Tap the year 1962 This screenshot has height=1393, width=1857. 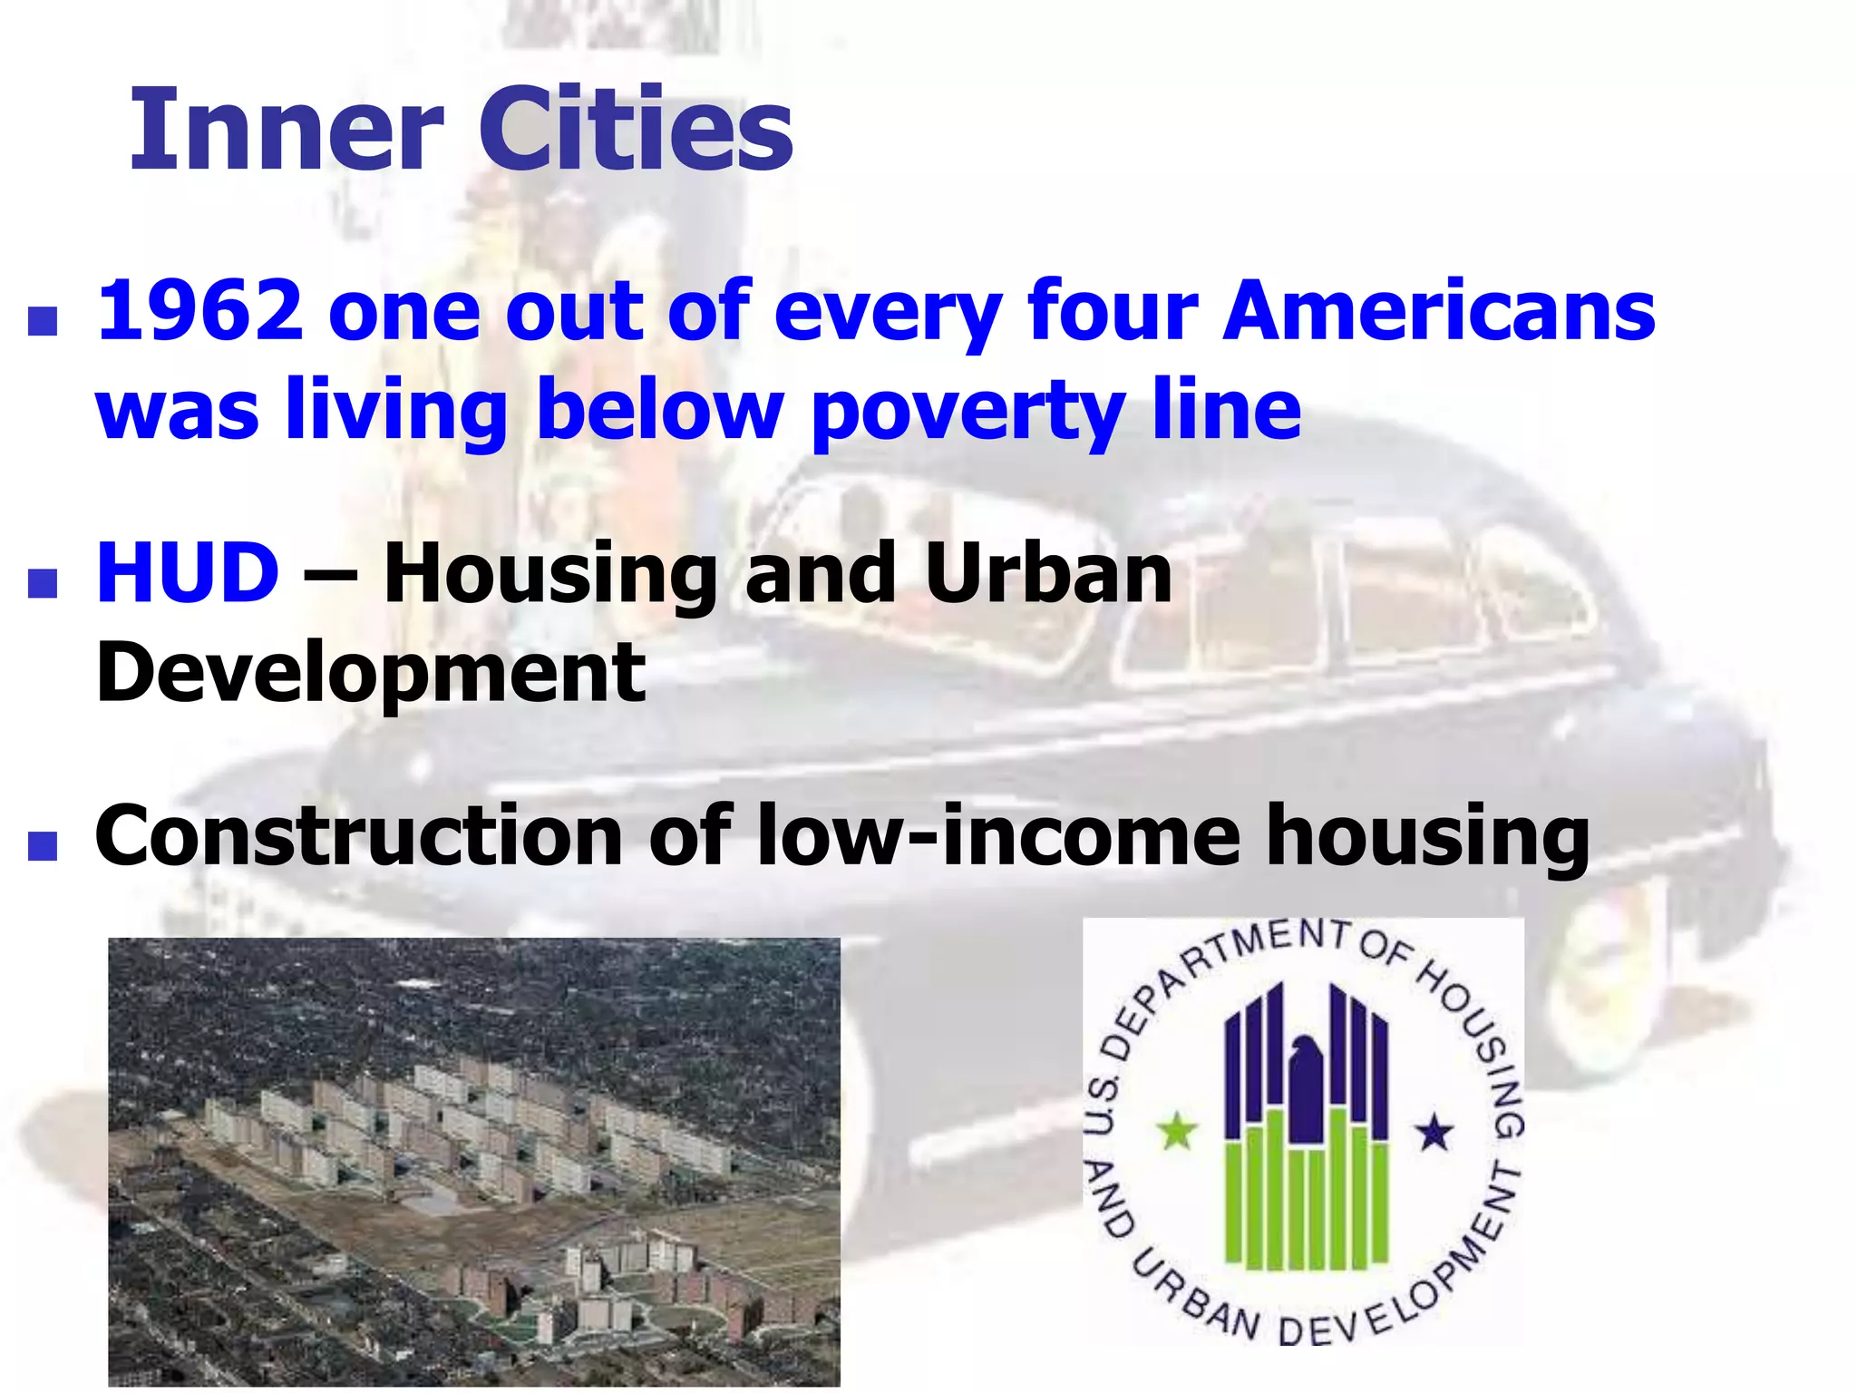click(x=199, y=310)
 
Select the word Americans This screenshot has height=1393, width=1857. click(x=1439, y=310)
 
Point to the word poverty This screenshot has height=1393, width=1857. click(x=967, y=410)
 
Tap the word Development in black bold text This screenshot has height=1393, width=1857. click(x=370, y=672)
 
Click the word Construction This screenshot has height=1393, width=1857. click(x=358, y=835)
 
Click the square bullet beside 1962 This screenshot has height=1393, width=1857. click(x=43, y=321)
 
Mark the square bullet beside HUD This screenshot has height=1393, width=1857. click(x=43, y=583)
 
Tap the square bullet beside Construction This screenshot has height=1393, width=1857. click(x=43, y=845)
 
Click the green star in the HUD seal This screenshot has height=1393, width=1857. click(x=1176, y=1131)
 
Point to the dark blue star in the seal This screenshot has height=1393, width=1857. click(x=1434, y=1132)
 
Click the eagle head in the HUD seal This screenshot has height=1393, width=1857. click(x=1306, y=1052)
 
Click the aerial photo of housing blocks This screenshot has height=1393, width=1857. click(x=473, y=1161)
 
